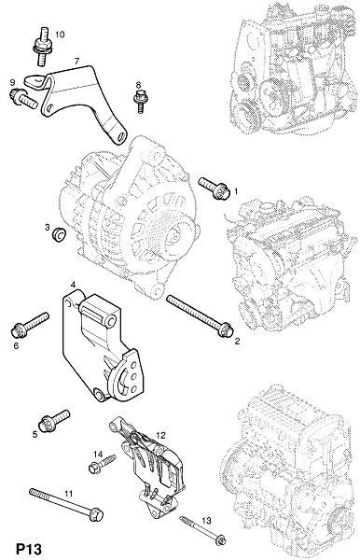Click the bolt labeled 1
tap(213, 188)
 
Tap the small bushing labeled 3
tap(59, 233)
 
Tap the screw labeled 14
tap(102, 464)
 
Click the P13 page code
tap(29, 549)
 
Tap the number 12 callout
tap(161, 435)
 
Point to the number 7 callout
tap(76, 61)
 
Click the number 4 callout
tap(73, 285)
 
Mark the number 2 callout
tap(237, 341)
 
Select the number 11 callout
tap(68, 493)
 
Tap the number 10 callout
tap(60, 35)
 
